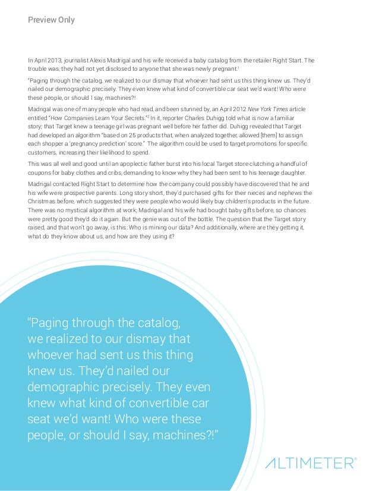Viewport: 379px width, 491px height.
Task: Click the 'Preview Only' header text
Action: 51,20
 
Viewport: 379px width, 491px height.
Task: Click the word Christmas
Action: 43,202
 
